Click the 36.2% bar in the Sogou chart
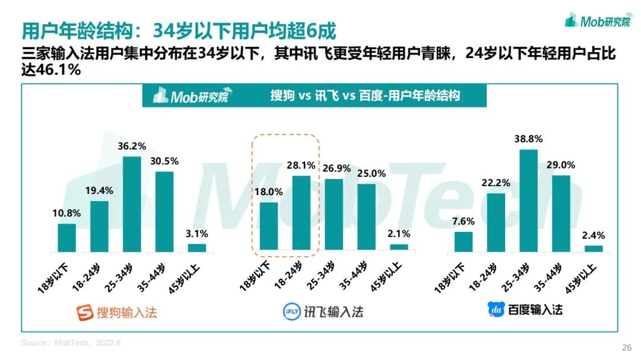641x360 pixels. point(132,204)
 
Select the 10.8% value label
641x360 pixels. point(66,213)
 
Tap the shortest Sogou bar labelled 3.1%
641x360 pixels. point(197,248)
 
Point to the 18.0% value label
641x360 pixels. point(269,192)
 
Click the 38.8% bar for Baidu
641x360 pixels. point(528,200)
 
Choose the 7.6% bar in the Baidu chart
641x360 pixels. point(464,242)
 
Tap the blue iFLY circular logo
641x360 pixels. point(289,311)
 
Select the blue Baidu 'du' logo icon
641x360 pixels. point(495,309)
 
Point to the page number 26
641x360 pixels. point(626,348)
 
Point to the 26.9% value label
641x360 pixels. point(334,168)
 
